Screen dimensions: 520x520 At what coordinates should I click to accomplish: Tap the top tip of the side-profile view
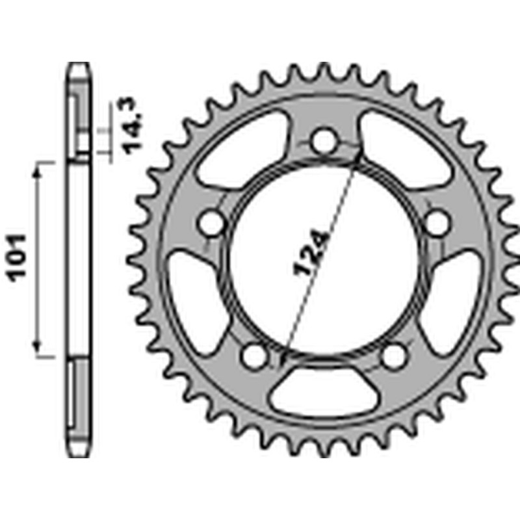[78, 64]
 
